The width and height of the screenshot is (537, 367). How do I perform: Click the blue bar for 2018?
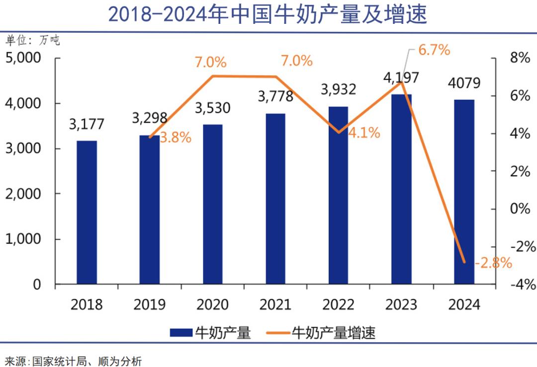tap(87, 212)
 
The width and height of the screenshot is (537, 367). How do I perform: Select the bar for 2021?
tap(275, 199)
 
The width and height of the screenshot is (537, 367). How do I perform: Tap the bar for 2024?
tap(464, 192)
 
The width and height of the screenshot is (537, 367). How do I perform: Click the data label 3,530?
tap(213, 108)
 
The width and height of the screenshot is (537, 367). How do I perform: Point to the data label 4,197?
tap(401, 78)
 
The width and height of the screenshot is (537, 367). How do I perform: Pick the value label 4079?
tap(464, 83)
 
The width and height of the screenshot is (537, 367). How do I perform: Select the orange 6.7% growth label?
tap(434, 50)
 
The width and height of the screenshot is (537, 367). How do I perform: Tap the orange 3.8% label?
tap(176, 138)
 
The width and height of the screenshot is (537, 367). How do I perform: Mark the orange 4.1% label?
tap(364, 133)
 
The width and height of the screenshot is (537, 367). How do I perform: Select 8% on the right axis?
tap(520, 58)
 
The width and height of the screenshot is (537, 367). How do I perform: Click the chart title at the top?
tap(268, 14)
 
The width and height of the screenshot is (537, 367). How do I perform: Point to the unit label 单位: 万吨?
tap(32, 40)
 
